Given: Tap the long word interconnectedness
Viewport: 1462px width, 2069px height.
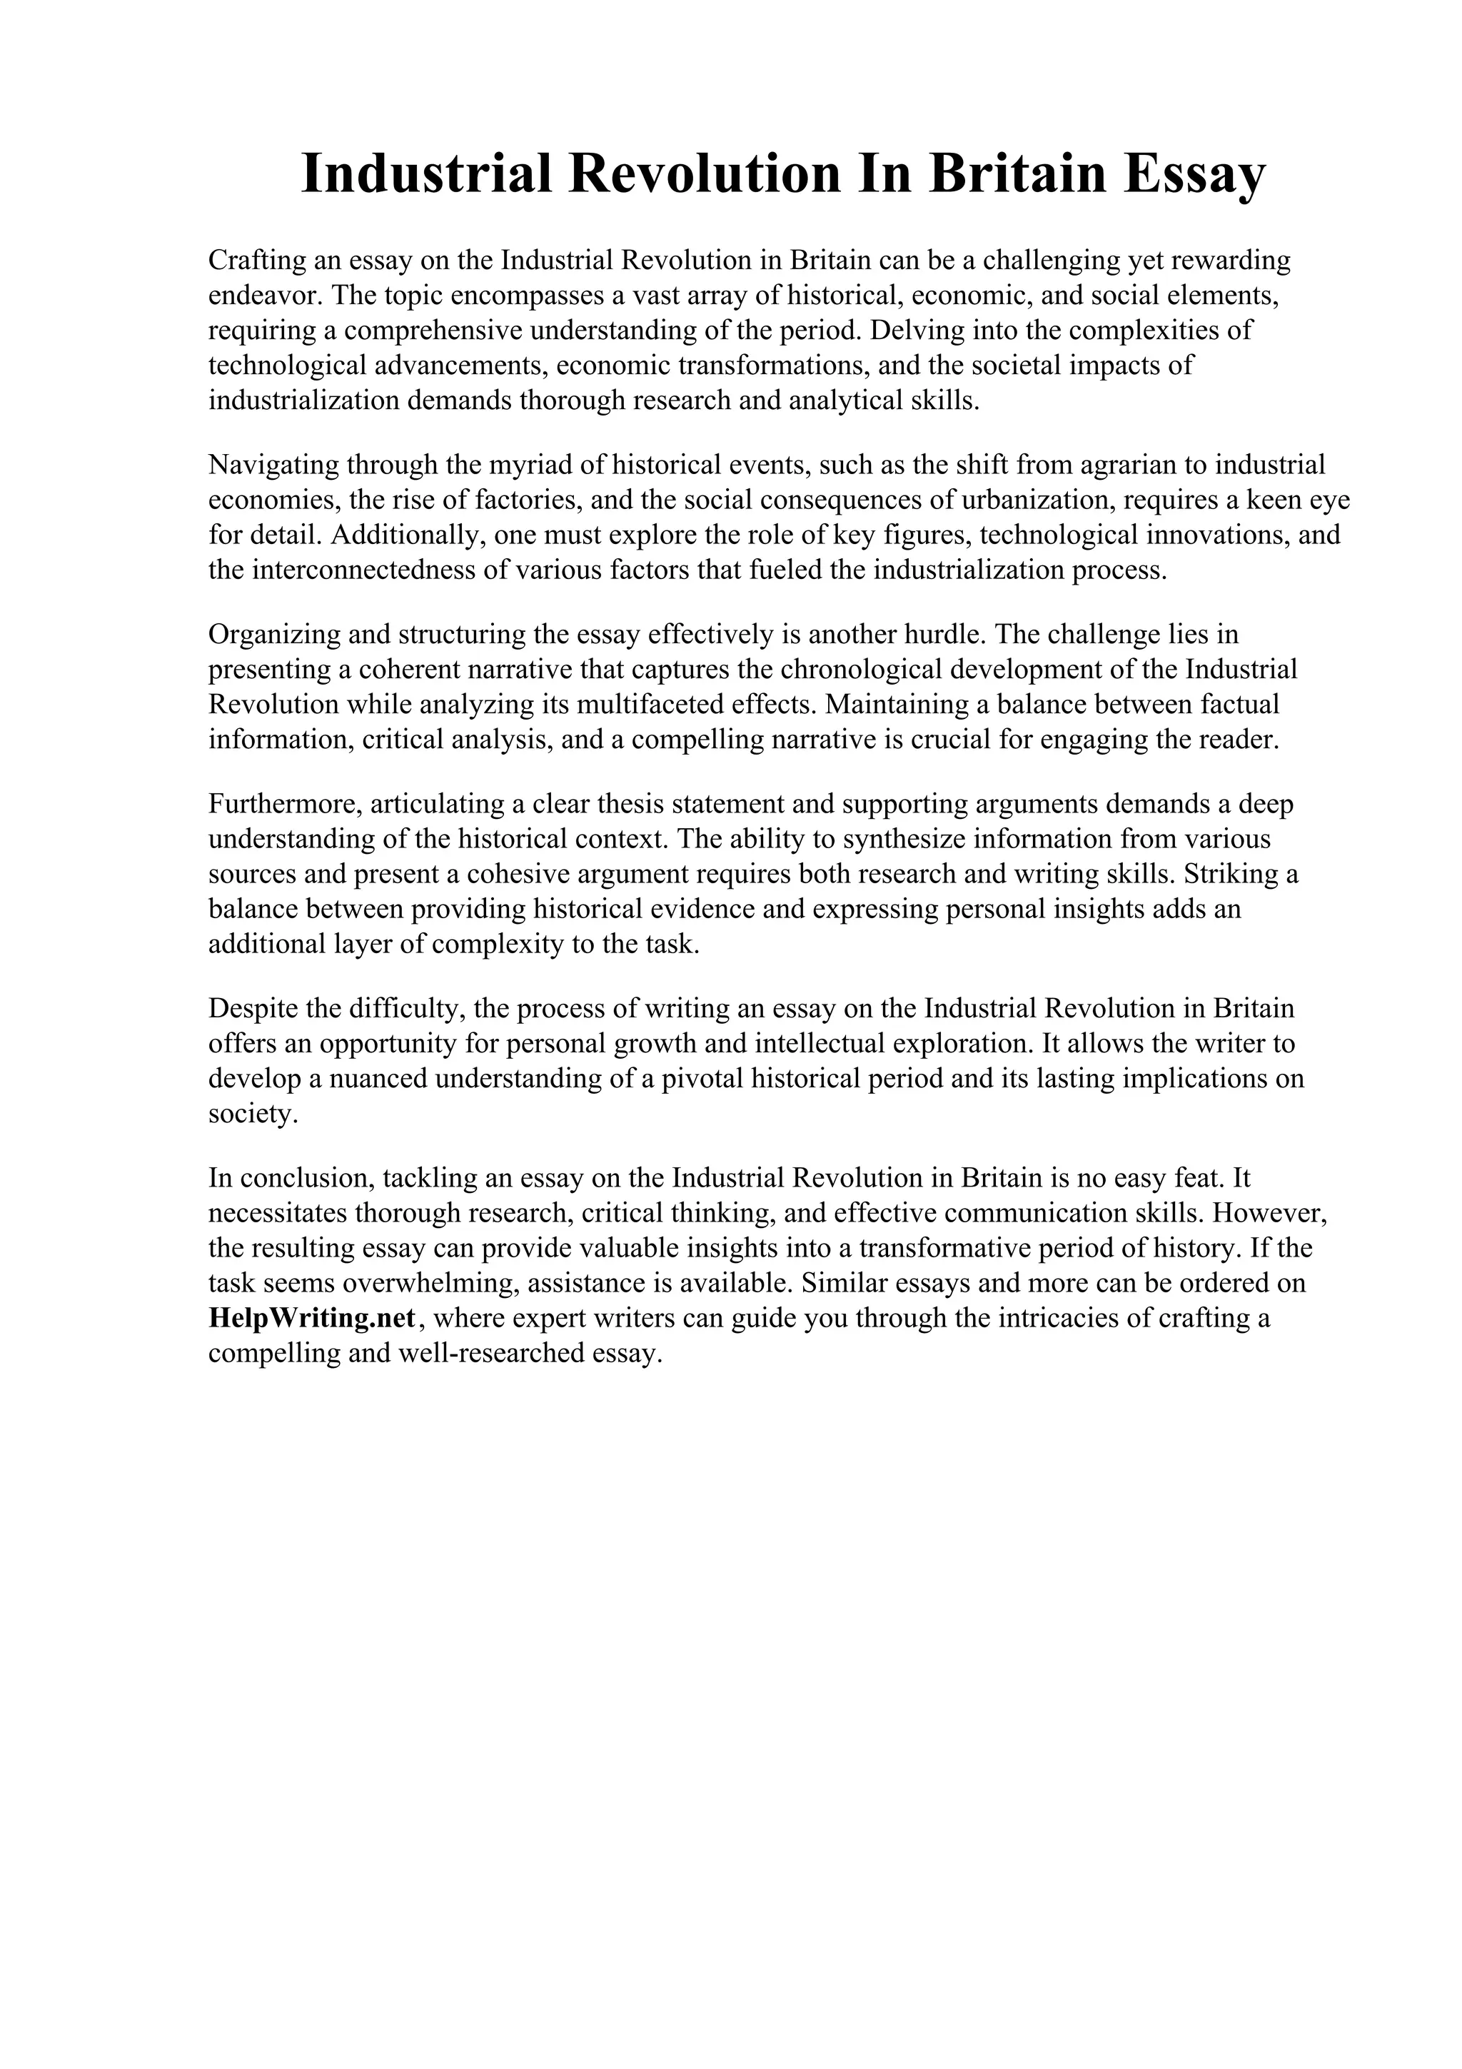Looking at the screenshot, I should click(364, 570).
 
